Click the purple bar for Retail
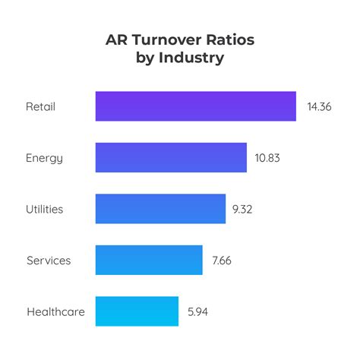coord(195,106)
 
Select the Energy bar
coord(171,158)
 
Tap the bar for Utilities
coord(160,209)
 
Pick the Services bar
coord(149,260)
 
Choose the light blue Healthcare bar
coord(137,311)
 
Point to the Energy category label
coord(44,158)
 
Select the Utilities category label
coord(45,209)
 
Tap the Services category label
coord(49,261)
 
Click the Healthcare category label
coord(55,311)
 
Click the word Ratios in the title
coord(232,40)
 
